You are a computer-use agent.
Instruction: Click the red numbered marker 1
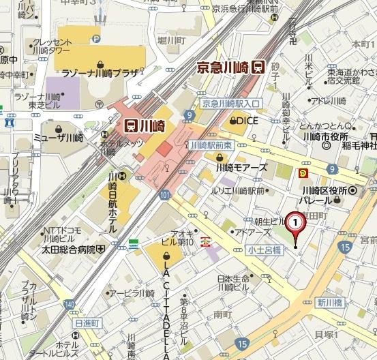click(x=295, y=222)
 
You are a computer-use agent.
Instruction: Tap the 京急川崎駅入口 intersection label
click(x=232, y=104)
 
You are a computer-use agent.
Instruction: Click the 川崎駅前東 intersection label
click(x=212, y=145)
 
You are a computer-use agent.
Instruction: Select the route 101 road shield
click(x=164, y=196)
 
